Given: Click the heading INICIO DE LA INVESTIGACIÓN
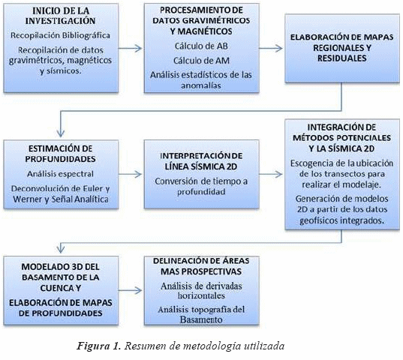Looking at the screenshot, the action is tap(60, 16).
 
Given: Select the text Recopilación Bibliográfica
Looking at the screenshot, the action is tap(60, 35).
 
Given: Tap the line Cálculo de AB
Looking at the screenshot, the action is tap(201, 46).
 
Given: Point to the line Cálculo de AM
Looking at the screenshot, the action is tap(201, 61).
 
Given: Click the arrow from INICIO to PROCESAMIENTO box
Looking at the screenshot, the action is tap(130, 48).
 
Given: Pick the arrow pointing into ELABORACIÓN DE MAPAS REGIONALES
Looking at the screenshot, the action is tap(271, 48).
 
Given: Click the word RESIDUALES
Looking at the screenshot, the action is tap(341, 58).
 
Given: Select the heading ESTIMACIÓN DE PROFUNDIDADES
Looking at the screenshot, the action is tap(60, 154).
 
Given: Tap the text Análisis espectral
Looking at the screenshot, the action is tap(60, 174).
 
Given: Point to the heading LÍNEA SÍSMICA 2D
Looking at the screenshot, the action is tap(201, 166).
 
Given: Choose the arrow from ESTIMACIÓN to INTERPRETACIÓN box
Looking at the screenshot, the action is tap(130, 174).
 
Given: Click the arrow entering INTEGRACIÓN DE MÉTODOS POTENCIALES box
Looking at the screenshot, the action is tap(271, 174).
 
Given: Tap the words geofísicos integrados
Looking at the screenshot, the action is tap(341, 220).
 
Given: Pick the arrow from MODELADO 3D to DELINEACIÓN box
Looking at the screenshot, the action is tap(130, 290).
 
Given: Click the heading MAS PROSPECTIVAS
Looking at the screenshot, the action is tap(201, 271).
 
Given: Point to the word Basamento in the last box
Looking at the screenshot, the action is tap(201, 319).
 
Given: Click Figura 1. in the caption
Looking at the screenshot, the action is tap(99, 346).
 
